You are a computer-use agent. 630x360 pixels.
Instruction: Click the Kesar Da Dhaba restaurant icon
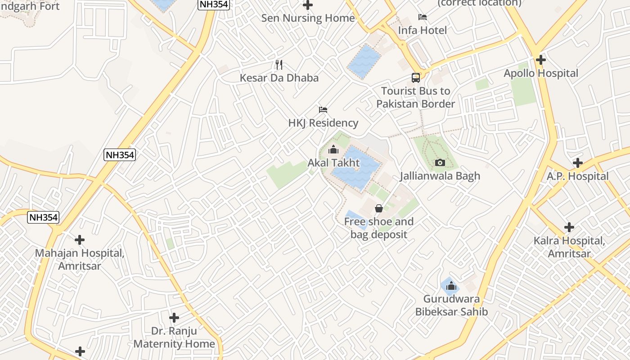[x=279, y=65]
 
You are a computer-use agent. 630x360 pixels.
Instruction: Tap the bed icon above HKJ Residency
[x=323, y=109]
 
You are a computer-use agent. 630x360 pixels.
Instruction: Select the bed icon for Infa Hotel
[x=422, y=17]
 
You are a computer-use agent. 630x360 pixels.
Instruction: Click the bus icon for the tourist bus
[x=416, y=77]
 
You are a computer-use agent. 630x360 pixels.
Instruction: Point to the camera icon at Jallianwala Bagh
[x=440, y=162]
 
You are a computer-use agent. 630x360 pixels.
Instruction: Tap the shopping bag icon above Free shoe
[x=379, y=208]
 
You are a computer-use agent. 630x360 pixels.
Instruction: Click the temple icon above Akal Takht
[x=333, y=149]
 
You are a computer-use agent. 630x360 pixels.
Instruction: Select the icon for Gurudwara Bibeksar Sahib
[x=451, y=286]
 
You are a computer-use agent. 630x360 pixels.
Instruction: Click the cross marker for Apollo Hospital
[x=541, y=59]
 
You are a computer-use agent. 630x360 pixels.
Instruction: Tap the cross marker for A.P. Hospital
[x=578, y=163]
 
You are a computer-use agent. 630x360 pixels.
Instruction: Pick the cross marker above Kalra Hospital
[x=569, y=227]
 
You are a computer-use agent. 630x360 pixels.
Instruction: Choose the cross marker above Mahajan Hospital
[x=80, y=240]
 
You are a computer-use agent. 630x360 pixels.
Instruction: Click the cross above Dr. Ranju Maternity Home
[x=174, y=318]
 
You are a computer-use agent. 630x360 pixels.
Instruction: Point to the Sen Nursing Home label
[x=308, y=18]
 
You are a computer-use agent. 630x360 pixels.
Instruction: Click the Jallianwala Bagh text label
[x=440, y=176]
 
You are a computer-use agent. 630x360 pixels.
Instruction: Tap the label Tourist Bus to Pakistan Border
[x=416, y=97]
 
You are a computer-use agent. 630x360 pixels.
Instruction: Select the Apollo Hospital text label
[x=541, y=73]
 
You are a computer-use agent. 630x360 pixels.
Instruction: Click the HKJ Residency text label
[x=323, y=123]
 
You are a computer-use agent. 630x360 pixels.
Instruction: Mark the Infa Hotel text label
[x=422, y=30]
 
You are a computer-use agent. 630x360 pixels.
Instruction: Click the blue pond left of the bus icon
[x=364, y=62]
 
